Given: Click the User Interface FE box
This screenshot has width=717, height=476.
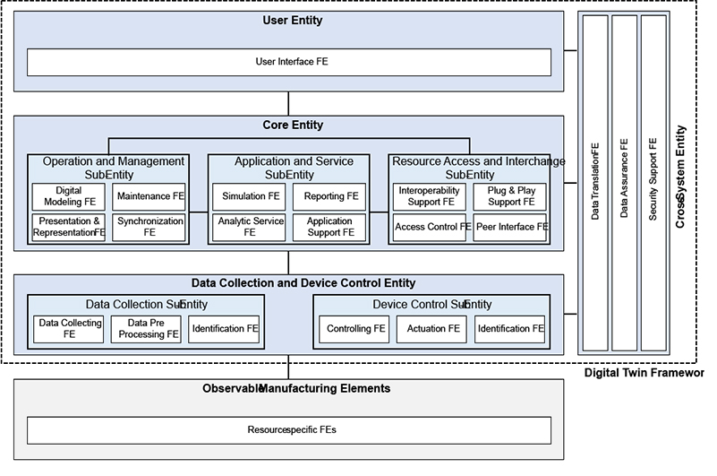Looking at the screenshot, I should click(x=289, y=62).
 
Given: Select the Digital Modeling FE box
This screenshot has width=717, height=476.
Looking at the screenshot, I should click(x=68, y=196).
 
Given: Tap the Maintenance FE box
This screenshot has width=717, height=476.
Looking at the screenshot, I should click(x=149, y=196).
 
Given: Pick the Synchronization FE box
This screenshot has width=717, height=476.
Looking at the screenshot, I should click(x=149, y=227).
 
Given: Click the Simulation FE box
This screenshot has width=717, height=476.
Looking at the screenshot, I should click(x=250, y=196).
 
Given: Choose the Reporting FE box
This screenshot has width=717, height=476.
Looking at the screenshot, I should click(x=329, y=196).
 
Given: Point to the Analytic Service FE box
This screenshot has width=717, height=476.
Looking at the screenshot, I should click(x=250, y=227).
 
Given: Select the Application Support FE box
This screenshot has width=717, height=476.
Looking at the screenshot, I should click(x=329, y=227).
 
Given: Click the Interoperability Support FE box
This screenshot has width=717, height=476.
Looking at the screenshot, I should click(x=429, y=196).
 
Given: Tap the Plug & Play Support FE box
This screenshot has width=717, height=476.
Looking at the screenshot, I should click(x=510, y=196).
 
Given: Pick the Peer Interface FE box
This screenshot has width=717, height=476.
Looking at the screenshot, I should click(x=510, y=227).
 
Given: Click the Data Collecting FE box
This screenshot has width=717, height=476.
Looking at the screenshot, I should click(x=69, y=329).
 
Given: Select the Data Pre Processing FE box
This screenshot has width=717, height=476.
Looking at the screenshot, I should click(x=147, y=329).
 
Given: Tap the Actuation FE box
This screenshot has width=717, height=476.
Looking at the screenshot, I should click(x=432, y=329).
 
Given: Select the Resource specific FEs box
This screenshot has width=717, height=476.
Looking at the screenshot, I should click(x=289, y=429).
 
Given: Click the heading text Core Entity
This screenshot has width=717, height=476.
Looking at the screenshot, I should click(x=293, y=125).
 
